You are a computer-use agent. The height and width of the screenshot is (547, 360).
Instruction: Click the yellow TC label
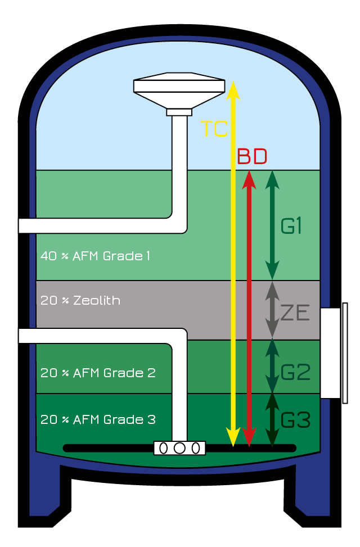coord(214,129)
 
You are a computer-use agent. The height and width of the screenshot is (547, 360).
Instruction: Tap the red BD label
coord(251,156)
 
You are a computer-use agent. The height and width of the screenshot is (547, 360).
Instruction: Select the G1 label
coord(292,226)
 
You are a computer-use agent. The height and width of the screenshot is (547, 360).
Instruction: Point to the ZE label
coord(295,313)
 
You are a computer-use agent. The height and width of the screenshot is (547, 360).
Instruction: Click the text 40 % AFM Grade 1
coord(95,256)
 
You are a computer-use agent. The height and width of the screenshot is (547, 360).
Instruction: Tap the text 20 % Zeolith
coord(80,300)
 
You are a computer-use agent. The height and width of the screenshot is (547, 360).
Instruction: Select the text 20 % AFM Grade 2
coord(98,373)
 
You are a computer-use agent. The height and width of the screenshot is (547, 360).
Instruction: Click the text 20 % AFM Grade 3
coord(98,420)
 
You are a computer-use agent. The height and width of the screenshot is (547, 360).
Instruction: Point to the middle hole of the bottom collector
coord(179,448)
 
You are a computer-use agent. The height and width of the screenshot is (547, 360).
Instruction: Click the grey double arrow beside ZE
coord(272,310)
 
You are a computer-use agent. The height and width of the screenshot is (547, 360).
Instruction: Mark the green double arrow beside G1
coord(272,224)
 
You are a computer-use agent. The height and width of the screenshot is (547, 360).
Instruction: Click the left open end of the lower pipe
coord(22,336)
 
